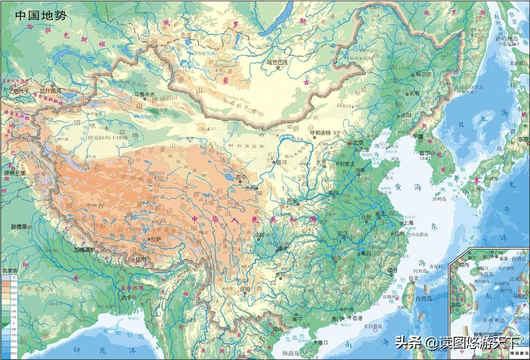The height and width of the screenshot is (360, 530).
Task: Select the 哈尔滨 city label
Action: [x=423, y=74]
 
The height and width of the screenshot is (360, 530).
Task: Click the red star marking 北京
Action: [x=349, y=143]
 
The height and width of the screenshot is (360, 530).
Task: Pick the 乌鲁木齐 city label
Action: [x=145, y=95]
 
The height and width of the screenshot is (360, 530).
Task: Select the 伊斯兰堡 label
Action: [x=14, y=172]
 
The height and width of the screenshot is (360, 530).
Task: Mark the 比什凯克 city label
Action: [x=51, y=91]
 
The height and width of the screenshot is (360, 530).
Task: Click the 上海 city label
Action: [x=408, y=223]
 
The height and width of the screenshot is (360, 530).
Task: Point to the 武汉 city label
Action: [x=343, y=233]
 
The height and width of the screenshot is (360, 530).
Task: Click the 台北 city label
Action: [x=413, y=278]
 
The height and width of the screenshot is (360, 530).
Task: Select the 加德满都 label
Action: [x=85, y=249]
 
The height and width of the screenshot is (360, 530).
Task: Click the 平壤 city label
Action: [x=417, y=137]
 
